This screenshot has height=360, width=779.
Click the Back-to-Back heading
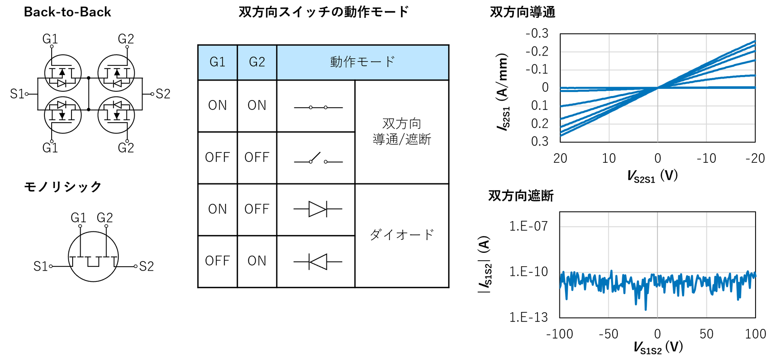[x=67, y=12]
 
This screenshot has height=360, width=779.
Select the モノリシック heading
[x=63, y=187]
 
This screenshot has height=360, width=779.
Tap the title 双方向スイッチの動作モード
[x=324, y=12]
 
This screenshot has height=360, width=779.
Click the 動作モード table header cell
[x=363, y=62]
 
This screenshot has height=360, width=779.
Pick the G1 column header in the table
[x=217, y=62]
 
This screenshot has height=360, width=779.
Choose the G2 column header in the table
[x=257, y=62]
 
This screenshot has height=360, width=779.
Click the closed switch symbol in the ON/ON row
[x=318, y=108]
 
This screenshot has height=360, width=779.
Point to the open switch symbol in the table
[x=318, y=158]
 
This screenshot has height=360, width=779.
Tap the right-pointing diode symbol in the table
[x=318, y=209]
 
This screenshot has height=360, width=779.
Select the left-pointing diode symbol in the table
[x=318, y=262]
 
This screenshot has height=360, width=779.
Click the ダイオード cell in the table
[x=402, y=235]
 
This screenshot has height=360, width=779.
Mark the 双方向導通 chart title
[x=523, y=12]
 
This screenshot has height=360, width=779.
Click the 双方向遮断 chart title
[x=521, y=196]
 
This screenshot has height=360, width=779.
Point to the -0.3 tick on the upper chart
[x=537, y=33]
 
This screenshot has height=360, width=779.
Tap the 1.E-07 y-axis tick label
[x=528, y=226]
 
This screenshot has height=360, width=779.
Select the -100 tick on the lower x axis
[x=559, y=334]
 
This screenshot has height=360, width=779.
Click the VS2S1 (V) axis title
[x=652, y=175]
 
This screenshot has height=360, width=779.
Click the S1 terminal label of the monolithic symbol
[x=40, y=266]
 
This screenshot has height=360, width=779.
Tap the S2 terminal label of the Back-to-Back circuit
[x=163, y=94]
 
